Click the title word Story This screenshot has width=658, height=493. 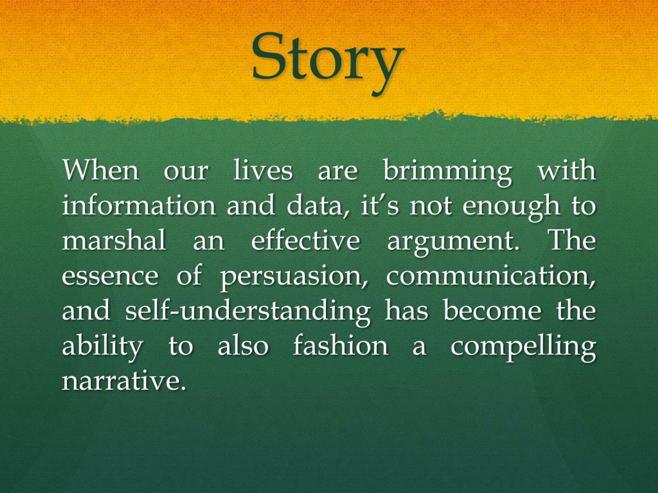click(327, 61)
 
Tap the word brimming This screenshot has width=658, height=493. click(448, 172)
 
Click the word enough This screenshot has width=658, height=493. click(511, 208)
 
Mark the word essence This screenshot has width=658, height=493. click(110, 277)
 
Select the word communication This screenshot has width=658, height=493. click(491, 276)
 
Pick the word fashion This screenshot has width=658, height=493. click(341, 345)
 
